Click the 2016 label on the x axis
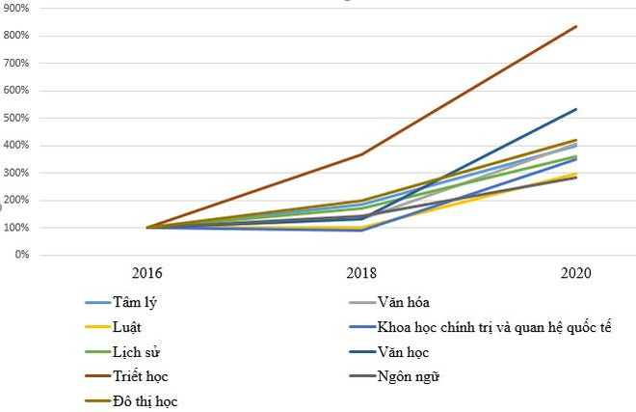147,274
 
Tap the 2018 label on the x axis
362,274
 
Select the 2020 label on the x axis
577,274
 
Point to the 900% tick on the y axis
14,9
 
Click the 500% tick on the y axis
14,119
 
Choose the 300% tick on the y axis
14,174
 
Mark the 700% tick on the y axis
14,64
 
